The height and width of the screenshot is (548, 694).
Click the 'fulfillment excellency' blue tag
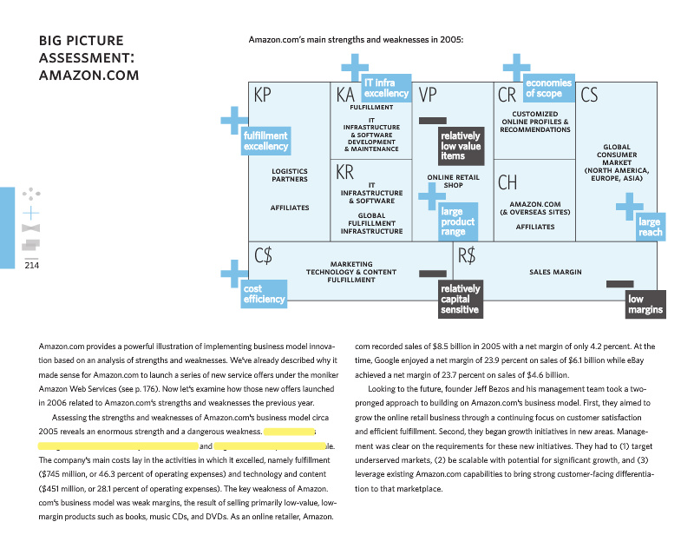click(265, 142)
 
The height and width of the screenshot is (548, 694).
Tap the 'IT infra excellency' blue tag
click(386, 88)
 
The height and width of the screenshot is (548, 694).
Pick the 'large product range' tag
click(458, 221)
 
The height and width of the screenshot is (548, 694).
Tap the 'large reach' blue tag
click(650, 227)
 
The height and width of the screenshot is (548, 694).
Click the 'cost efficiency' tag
click(264, 294)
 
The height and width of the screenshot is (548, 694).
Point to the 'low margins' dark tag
click(645, 304)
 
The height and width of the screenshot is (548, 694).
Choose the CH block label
click(507, 183)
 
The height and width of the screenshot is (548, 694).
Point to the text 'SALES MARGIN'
click(555, 272)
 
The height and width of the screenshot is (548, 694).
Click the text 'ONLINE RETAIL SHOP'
click(453, 181)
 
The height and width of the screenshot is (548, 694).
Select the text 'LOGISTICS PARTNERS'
click(290, 175)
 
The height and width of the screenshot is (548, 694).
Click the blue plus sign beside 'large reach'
click(629, 206)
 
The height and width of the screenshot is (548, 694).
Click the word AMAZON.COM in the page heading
click(89, 75)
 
